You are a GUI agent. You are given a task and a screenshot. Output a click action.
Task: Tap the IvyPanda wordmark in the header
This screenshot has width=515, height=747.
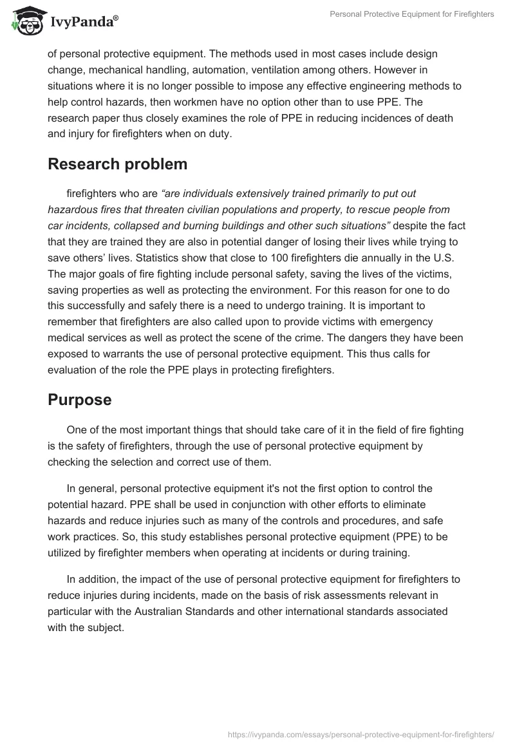pos(84,22)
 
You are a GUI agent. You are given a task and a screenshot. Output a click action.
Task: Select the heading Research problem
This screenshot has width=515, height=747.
pos(117,164)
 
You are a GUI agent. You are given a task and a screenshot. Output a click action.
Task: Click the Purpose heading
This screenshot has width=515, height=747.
pos(79,400)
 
